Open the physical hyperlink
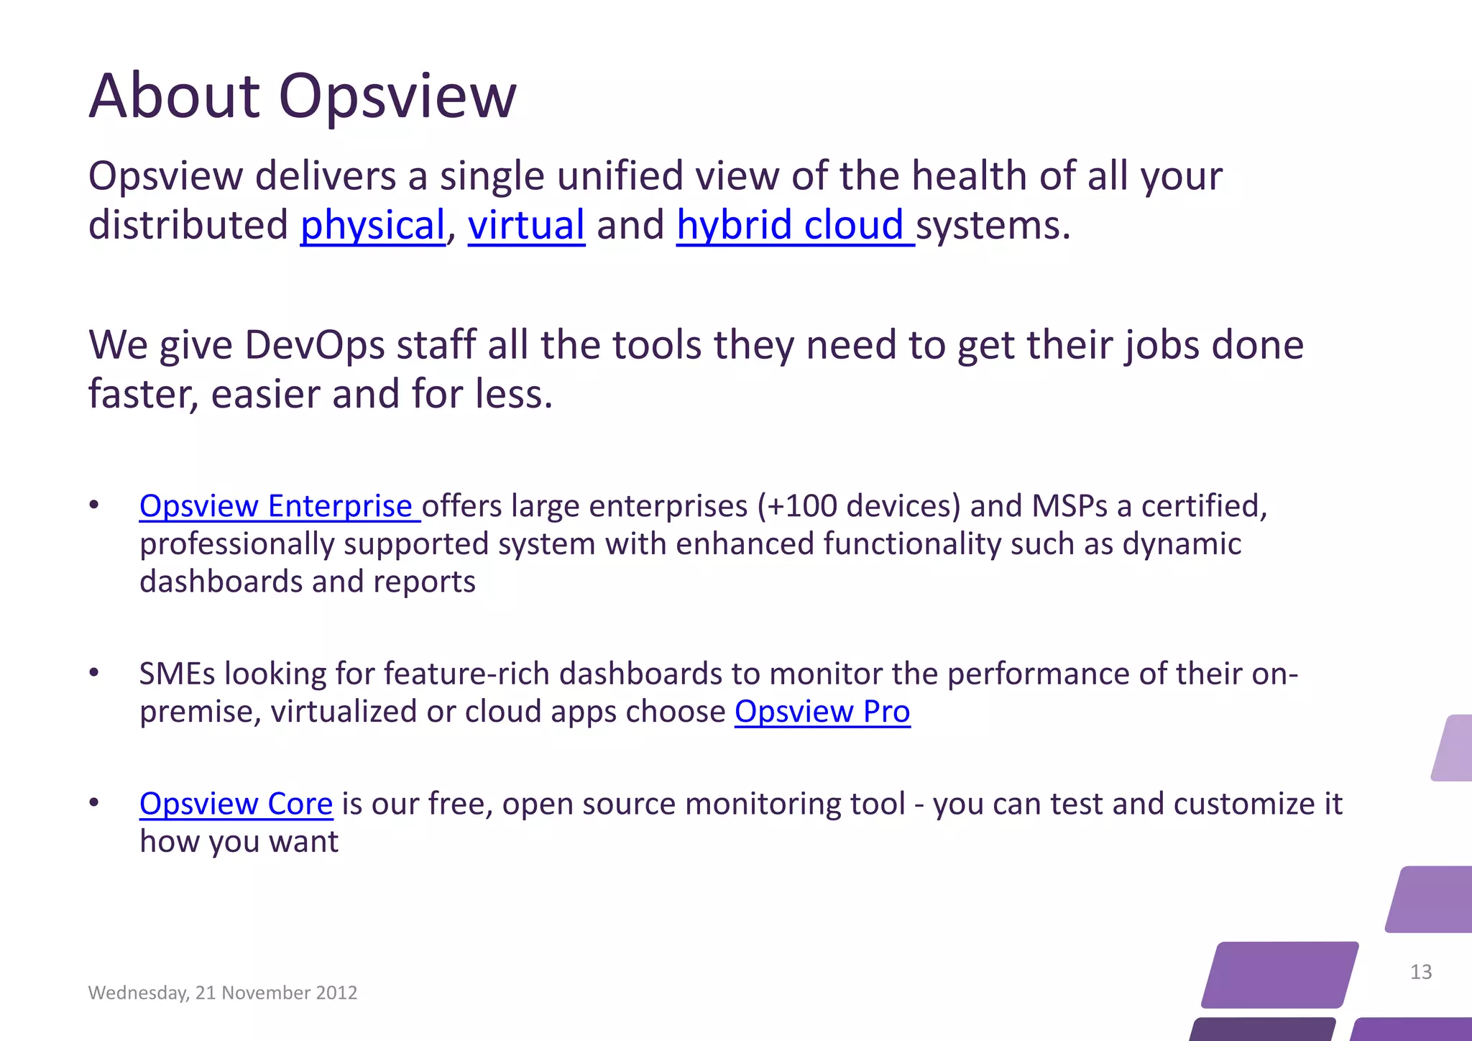(372, 226)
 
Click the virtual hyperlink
(526, 226)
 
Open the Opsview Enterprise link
(276, 507)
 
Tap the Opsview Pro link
(822, 712)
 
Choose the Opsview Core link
(236, 804)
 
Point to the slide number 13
(1421, 972)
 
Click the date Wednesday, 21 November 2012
(223, 993)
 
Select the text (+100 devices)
(859, 507)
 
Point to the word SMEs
(177, 674)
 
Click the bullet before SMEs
(94, 673)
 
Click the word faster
(142, 395)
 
